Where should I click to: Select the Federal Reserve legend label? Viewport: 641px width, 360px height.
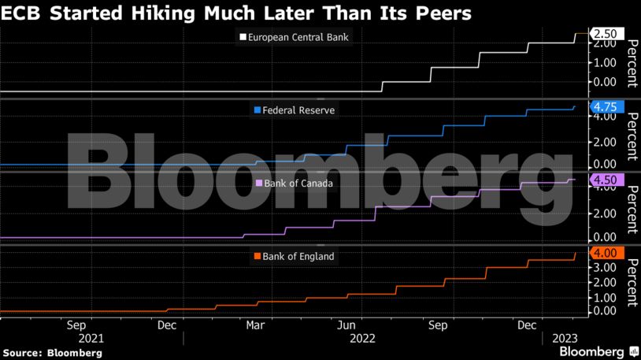(x=298, y=110)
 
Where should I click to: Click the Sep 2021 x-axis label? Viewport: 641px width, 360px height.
(x=76, y=325)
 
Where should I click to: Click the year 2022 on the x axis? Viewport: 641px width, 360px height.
(x=361, y=339)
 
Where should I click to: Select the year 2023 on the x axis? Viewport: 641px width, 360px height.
(x=565, y=339)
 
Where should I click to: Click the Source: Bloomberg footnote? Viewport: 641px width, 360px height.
(x=52, y=353)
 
